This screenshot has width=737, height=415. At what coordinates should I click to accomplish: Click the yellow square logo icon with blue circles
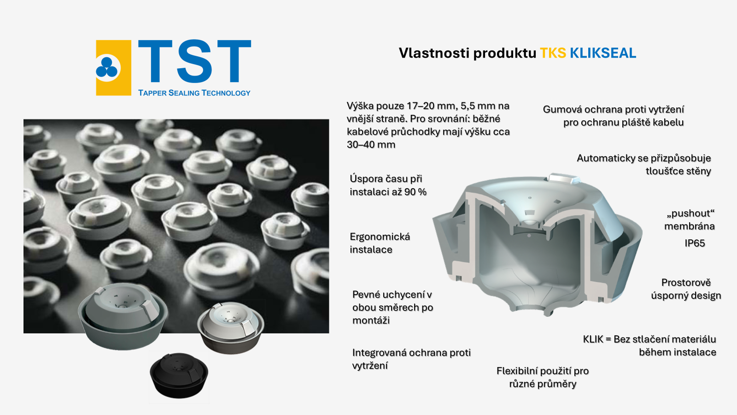coord(113,68)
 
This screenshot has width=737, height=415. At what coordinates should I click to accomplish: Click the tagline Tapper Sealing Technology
coord(194,93)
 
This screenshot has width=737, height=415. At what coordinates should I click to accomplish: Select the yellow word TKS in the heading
coord(553,53)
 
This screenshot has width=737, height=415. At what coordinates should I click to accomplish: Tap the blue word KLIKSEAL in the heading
coord(603,53)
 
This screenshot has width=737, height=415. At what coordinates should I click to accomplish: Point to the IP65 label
coord(695,243)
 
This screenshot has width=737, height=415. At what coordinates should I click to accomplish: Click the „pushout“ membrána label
coord(690,219)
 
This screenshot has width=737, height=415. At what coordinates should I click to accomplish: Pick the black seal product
coord(179,375)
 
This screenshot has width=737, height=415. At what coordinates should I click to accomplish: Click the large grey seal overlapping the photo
coord(123,316)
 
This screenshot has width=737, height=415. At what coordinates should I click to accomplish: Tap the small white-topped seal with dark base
coord(230,327)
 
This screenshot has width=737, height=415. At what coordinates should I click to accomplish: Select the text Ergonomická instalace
coord(380,243)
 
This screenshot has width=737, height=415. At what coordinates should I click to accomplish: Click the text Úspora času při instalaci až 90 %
coord(388,185)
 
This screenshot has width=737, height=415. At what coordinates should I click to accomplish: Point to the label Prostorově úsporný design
coord(686,289)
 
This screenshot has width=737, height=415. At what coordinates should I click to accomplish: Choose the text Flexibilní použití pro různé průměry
coord(543,377)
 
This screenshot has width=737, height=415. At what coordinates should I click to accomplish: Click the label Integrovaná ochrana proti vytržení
coord(411,359)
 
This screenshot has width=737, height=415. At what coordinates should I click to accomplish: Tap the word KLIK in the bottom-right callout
coord(593,339)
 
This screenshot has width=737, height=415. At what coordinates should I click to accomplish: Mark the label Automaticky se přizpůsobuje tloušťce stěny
coord(644,164)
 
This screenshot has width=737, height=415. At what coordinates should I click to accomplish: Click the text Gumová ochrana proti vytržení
coord(614,109)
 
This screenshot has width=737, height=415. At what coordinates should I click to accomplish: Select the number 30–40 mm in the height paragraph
coord(371,144)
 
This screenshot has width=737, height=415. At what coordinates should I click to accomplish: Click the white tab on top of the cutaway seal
coord(564,178)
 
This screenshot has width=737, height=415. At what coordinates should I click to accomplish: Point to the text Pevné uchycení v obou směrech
coord(392,301)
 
